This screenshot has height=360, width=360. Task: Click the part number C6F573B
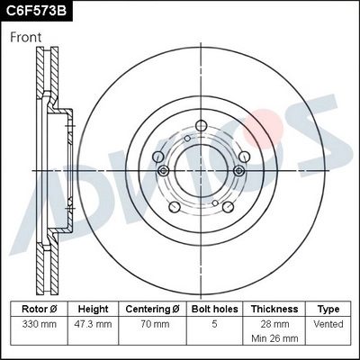pyautogui.click(x=36, y=11)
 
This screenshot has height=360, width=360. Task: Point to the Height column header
pyautogui.click(x=93, y=309)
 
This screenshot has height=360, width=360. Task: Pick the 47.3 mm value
pyautogui.click(x=93, y=323)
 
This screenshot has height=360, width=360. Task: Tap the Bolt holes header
pyautogui.click(x=213, y=309)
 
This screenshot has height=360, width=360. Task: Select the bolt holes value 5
pyautogui.click(x=213, y=323)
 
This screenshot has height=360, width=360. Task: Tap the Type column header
pyautogui.click(x=328, y=309)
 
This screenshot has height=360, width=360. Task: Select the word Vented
pyautogui.click(x=328, y=323)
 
